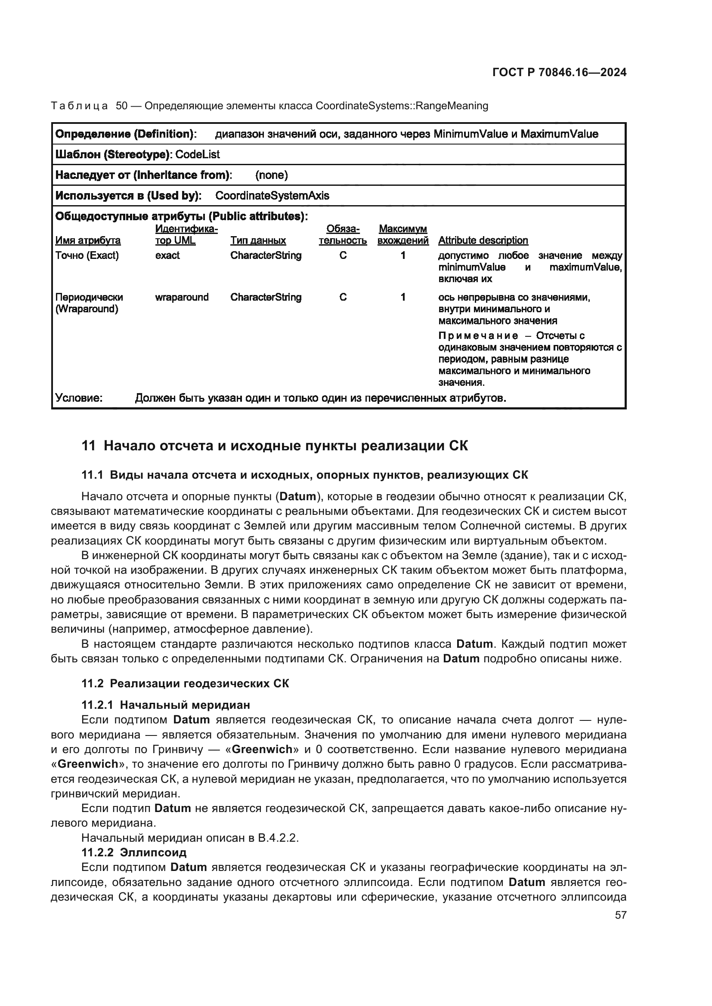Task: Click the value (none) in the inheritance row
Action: pos(271,175)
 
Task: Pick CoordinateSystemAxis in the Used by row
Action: pos(272,196)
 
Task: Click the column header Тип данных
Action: pos(258,240)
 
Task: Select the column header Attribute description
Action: pos(483,240)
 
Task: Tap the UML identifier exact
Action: pos(167,255)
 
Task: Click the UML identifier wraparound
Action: pos(182,297)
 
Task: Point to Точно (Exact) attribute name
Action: pos(87,255)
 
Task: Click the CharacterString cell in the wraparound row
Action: pos(266,297)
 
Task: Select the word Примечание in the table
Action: pos(478,335)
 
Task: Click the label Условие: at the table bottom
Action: pos(79,398)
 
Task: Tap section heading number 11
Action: pos(88,446)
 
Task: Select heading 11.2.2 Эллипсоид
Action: pos(134,852)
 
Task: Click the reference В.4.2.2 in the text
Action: pos(278,838)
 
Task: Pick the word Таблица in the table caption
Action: pos(79,106)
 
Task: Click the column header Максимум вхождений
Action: pos(402,235)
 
